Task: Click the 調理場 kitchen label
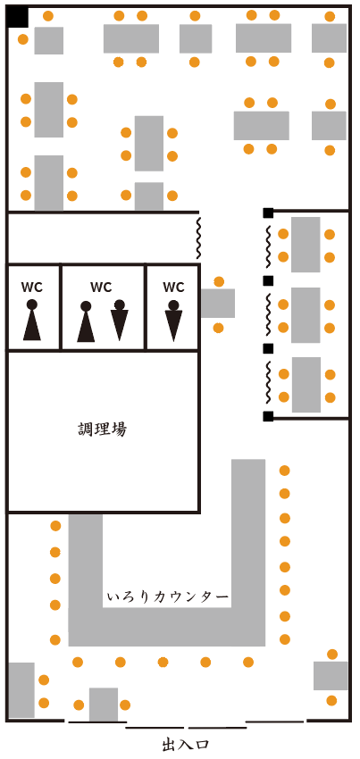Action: [x=103, y=429]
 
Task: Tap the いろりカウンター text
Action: [x=168, y=597]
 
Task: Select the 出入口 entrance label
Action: [x=186, y=745]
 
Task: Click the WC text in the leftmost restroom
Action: [x=32, y=287]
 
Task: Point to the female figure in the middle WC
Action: [x=86, y=321]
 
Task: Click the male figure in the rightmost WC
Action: [x=173, y=321]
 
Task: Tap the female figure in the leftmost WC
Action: [x=32, y=320]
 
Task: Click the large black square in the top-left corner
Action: [x=18, y=18]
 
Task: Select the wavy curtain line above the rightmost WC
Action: [x=198, y=238]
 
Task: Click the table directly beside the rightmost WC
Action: [x=218, y=303]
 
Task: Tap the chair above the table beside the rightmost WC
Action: [x=219, y=281]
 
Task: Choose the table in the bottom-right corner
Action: [x=331, y=676]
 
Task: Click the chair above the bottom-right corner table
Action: [x=332, y=655]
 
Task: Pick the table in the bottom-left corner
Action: [x=21, y=689]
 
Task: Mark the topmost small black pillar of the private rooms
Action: [x=268, y=213]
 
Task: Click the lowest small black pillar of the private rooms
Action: [x=268, y=416]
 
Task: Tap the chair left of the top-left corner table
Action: [x=22, y=39]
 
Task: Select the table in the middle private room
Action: [x=306, y=315]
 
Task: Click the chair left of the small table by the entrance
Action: [x=79, y=705]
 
